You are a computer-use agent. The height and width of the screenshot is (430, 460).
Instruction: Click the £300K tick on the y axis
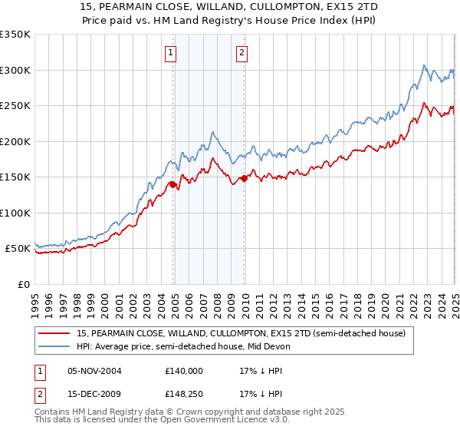point(15,70)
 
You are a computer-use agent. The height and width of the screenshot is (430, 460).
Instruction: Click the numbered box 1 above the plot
point(169,53)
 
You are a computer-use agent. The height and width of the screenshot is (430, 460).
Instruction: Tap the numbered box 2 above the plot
point(242,53)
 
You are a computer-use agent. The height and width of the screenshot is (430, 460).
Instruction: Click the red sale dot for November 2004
point(173,184)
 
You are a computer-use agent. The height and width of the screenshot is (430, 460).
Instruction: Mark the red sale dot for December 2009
point(245,178)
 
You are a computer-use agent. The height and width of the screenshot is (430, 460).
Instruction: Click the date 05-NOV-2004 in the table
point(94,370)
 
